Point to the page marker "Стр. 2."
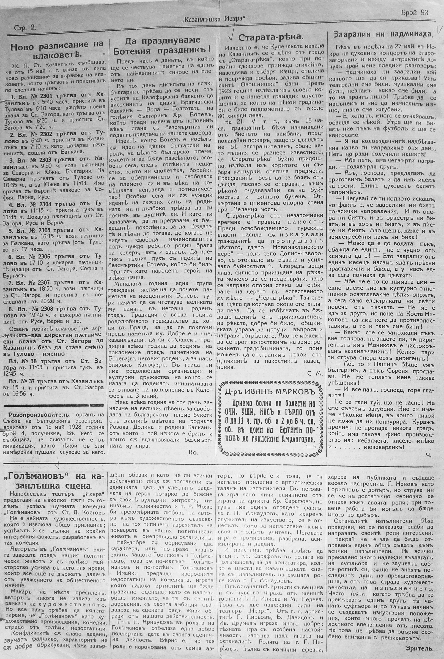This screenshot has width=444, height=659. tap(25, 28)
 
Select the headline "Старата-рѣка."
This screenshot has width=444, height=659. tap(270, 38)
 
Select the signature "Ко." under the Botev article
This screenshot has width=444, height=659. tap(193, 452)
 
